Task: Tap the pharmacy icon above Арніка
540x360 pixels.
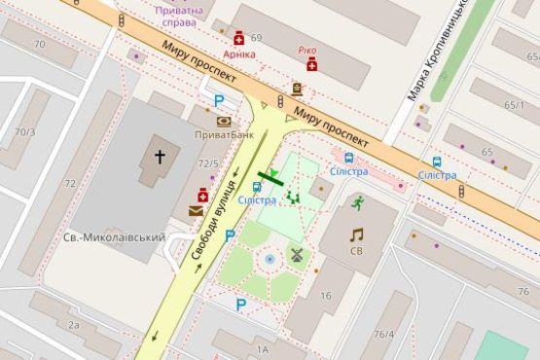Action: pos(238,38)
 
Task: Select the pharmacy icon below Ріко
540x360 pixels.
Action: pos(311,64)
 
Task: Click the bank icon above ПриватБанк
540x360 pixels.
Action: pos(224,121)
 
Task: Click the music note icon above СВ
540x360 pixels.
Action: pos(356,234)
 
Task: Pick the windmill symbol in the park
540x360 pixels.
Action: pos(297,256)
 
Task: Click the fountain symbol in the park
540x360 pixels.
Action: pos(270,260)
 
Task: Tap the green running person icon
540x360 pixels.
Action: pos(357,203)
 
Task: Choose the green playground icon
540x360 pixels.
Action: pos(293,197)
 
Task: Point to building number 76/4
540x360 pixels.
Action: pos(384,335)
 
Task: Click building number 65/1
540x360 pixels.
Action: pos(514,104)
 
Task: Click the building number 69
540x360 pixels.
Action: pos(257,38)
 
